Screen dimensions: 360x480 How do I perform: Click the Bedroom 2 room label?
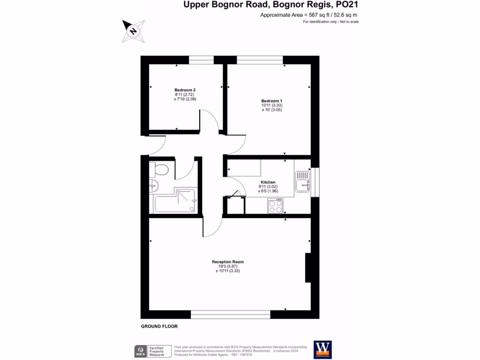pos(185,90)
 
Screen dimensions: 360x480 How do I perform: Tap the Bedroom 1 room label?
pos(272,101)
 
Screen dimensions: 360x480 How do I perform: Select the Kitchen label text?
pos(268,182)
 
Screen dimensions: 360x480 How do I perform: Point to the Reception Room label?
pos(228,262)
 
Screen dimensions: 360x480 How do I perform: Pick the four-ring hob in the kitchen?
pos(275,206)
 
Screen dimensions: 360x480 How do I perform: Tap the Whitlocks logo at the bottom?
pos(322,350)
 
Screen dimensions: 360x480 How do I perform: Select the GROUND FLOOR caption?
pos(159,326)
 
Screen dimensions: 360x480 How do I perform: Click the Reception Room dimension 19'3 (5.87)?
pos(228,266)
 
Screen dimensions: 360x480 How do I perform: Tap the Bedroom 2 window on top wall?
pos(201,60)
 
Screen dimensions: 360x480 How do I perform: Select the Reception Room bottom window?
pos(231,314)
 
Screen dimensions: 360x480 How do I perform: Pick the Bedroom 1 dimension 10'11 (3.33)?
pos(272,105)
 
